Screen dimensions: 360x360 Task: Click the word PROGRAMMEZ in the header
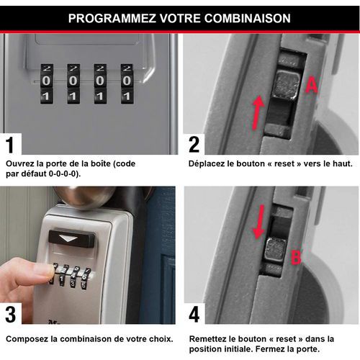point(112,18)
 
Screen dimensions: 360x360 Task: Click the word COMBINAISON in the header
point(248,18)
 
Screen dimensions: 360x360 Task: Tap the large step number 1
point(10,145)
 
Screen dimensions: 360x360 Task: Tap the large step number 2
point(194,145)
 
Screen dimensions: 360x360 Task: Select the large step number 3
point(11,314)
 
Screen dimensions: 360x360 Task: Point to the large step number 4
point(194,314)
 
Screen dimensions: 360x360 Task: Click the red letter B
point(296,257)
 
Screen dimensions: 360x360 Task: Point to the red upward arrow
point(258,112)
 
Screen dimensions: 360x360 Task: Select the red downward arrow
point(259,222)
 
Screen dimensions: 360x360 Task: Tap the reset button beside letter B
point(276,250)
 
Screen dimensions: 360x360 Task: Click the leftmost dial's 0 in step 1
point(46,81)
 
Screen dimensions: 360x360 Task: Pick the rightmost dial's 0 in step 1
point(127,81)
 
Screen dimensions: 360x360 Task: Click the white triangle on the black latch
point(68,239)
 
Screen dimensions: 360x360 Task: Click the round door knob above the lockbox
point(84,197)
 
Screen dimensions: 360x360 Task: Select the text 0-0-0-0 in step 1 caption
point(63,174)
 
